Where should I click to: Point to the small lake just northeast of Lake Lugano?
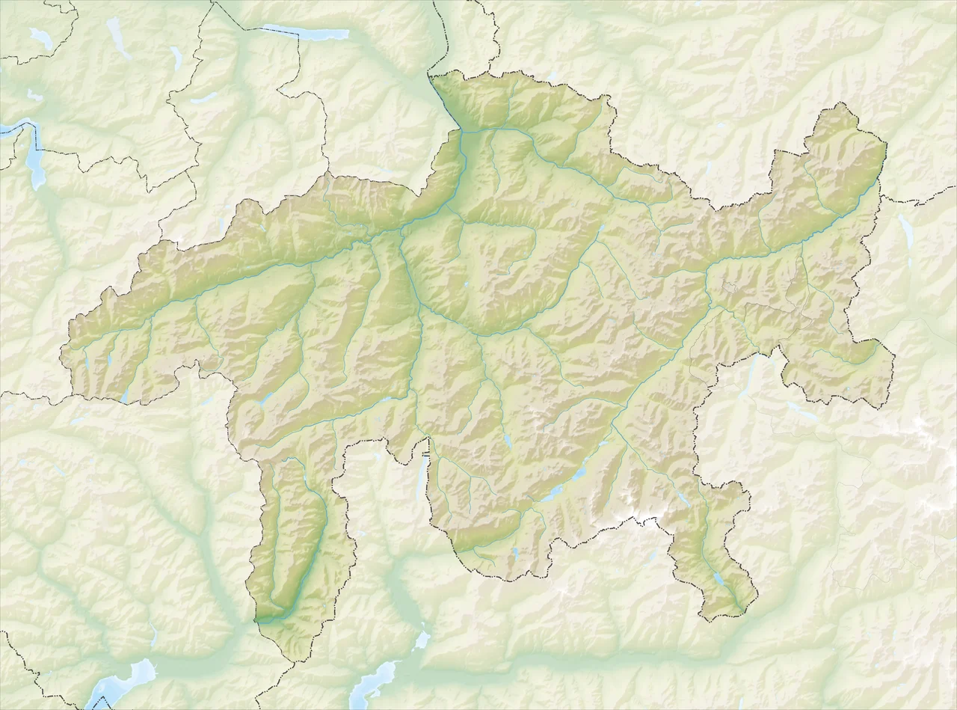point(422,640)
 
